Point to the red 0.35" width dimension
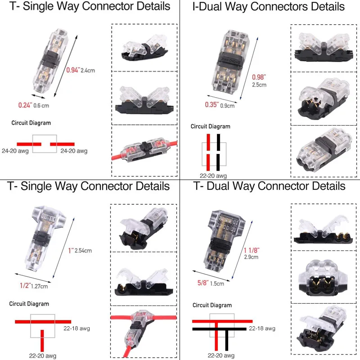click(x=211, y=105)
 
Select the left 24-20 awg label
click(x=15, y=151)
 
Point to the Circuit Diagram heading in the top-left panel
click(x=31, y=123)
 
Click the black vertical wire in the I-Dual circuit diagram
click(x=218, y=150)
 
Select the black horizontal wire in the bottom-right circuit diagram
click(x=219, y=329)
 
